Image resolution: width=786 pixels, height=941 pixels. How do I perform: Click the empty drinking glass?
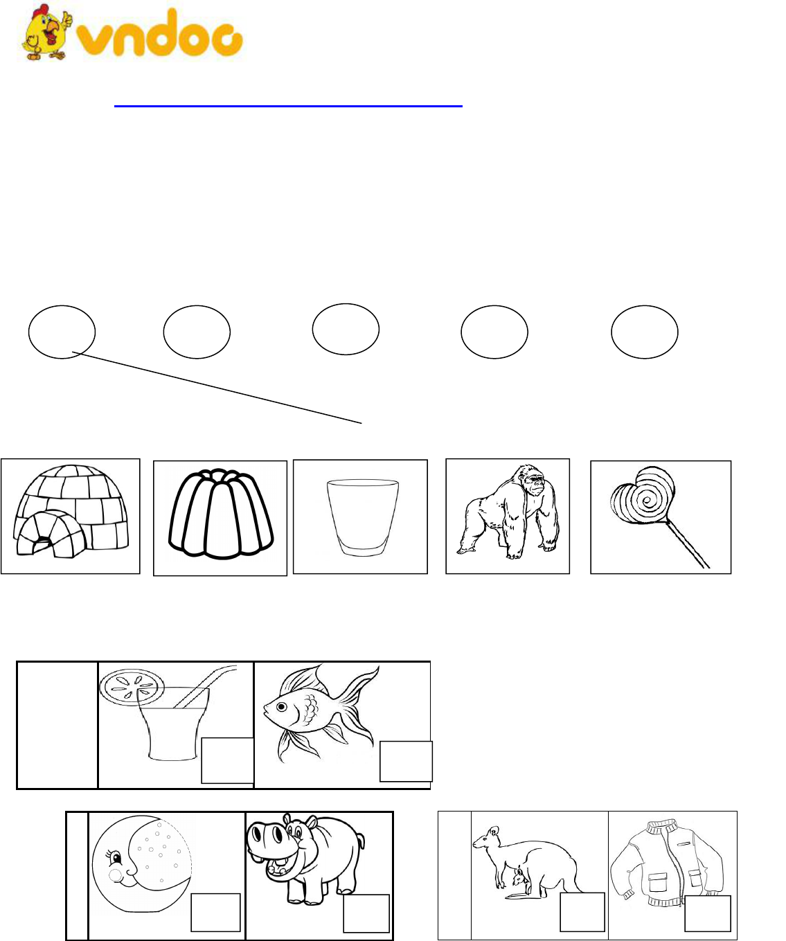point(362,517)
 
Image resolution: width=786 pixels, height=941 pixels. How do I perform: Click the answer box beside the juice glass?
point(227,760)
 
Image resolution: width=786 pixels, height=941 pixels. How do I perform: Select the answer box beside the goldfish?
point(406,761)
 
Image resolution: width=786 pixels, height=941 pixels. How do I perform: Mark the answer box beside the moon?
point(215,913)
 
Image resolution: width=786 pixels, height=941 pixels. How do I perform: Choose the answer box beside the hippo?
point(366,913)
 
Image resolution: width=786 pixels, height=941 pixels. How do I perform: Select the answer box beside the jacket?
point(708,913)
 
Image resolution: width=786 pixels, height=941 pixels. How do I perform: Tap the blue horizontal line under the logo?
point(289,106)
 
